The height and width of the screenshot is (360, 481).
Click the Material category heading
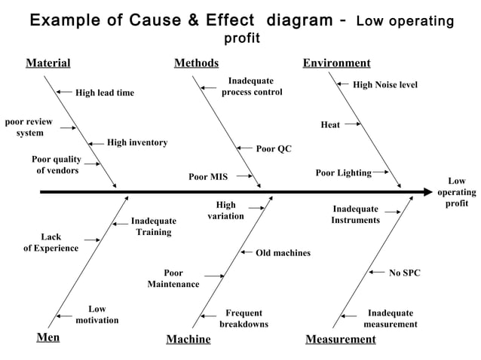[x=48, y=63]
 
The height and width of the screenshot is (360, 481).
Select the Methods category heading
[x=196, y=63]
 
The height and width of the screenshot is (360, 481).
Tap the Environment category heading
[x=336, y=63]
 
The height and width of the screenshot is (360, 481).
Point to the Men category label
[x=48, y=337]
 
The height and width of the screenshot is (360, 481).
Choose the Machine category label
[x=188, y=340]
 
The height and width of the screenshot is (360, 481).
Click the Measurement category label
[x=340, y=340]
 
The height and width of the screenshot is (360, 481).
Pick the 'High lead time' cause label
[x=105, y=93]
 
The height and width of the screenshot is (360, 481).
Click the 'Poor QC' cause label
[x=274, y=149]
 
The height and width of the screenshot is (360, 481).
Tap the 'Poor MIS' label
[x=208, y=178]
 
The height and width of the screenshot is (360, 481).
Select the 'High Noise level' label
[x=385, y=86]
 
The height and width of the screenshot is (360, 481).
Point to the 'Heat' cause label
[x=330, y=125]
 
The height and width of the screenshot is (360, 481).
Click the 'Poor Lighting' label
[x=343, y=173]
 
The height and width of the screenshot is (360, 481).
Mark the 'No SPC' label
[x=405, y=273]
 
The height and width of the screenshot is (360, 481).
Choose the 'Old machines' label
[x=283, y=253]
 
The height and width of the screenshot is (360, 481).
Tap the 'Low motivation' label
[x=97, y=315]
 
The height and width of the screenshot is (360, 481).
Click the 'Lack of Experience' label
[x=51, y=243]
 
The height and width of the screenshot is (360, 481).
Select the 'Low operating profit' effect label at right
[x=457, y=193]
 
